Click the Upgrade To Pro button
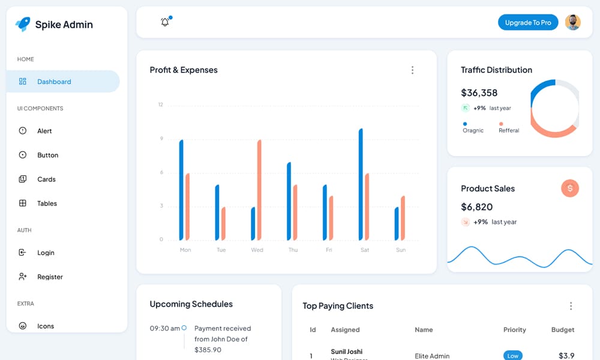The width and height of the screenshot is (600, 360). tap(528, 23)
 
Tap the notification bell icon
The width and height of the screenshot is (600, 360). tap(165, 22)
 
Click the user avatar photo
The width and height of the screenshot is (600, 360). tap(573, 23)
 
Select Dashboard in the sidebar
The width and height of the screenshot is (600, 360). tap(54, 82)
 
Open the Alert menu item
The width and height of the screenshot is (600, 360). tap(44, 131)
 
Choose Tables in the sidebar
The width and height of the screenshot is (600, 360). tap(47, 203)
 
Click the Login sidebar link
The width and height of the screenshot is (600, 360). tap(46, 253)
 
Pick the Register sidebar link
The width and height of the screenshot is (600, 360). tap(50, 277)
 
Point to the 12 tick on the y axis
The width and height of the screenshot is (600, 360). tap(161, 105)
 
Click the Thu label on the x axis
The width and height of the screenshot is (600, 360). tap(293, 250)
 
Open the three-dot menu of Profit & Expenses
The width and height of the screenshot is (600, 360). tap(412, 70)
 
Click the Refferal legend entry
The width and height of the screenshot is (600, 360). tap(508, 130)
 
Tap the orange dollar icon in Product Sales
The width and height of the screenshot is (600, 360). tap(569, 188)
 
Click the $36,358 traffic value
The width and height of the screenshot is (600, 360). tap(479, 93)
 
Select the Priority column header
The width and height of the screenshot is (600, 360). tap(514, 329)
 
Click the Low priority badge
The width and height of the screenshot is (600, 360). tap(512, 356)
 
